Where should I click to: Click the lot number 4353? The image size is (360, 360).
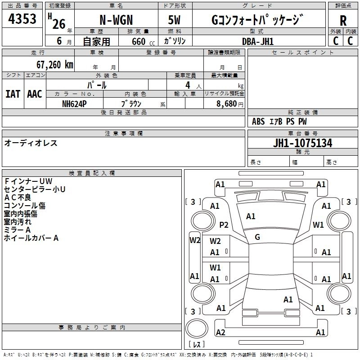pos(22,20)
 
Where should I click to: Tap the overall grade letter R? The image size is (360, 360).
pos(343,21)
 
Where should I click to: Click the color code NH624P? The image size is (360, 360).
pos(75,103)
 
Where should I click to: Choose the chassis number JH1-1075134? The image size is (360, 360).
pos(302,143)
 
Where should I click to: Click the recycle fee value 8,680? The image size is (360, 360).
pos(226,103)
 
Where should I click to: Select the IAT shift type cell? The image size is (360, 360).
pos(13,94)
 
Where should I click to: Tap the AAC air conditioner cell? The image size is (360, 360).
pos(35,94)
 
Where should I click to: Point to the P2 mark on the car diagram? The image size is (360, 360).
pos(224,225)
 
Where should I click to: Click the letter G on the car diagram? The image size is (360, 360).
pos(257,237)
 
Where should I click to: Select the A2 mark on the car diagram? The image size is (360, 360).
pos(220,333)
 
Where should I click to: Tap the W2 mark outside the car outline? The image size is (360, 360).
pos(194,240)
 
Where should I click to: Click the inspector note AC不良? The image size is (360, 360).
pos(18,197)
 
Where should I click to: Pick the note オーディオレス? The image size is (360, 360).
pos(31,143)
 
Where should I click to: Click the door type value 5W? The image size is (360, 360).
pos(175,21)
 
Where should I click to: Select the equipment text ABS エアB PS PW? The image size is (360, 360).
pos(279,121)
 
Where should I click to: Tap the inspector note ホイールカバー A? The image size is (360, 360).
pos(31,238)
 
